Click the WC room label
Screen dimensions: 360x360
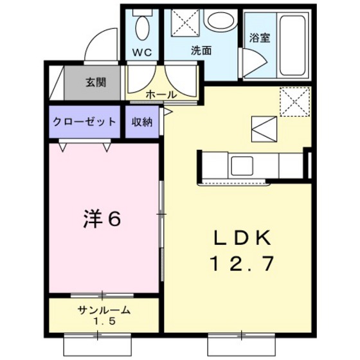click(142, 53)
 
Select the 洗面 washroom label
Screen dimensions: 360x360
click(201, 51)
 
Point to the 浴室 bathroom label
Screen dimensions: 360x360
click(260, 38)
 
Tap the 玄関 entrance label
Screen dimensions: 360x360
click(96, 82)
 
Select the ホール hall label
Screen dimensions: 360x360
click(161, 94)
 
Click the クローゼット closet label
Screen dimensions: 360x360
click(84, 121)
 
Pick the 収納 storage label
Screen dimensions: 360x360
click(142, 121)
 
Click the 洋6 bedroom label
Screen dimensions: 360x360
click(102, 219)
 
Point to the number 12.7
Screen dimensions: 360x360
click(242, 262)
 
